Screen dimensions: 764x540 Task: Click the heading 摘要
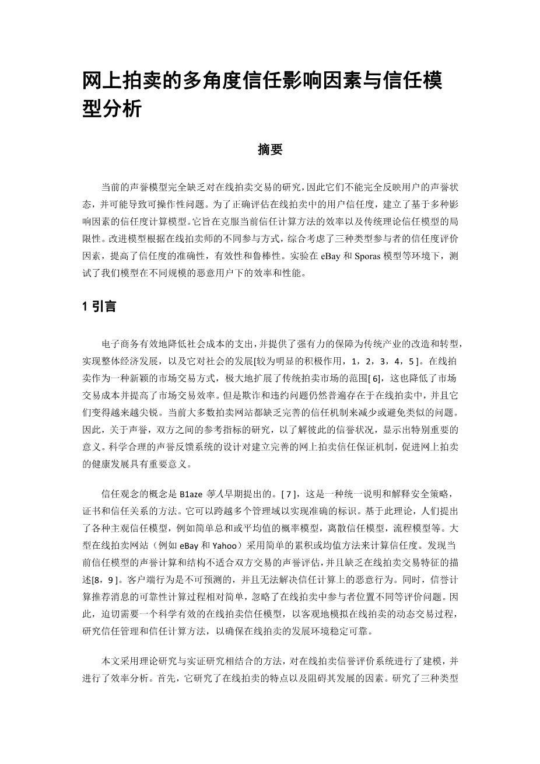pyautogui.click(x=270, y=150)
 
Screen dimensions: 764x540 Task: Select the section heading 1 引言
pyautogui.click(x=99, y=306)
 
